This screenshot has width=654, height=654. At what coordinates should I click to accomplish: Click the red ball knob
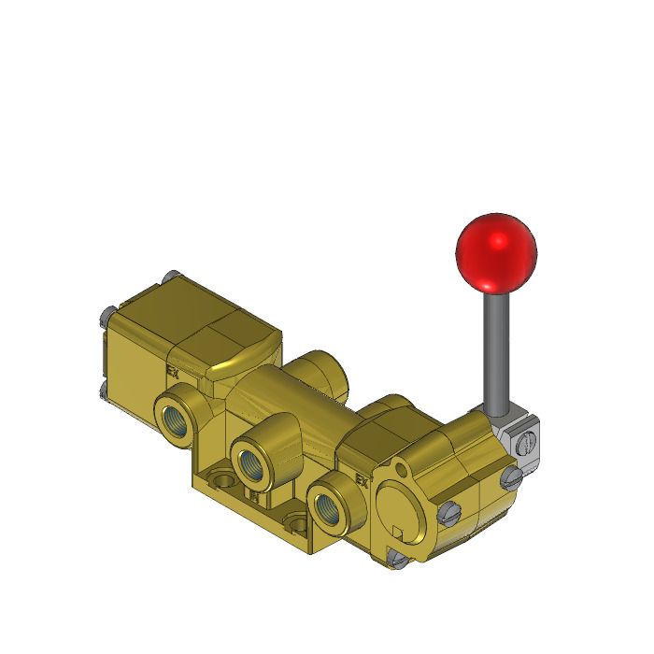[x=496, y=253]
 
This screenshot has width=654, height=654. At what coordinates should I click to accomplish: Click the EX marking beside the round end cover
[x=363, y=482]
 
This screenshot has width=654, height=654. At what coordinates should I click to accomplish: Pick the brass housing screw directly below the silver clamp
[x=509, y=477]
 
